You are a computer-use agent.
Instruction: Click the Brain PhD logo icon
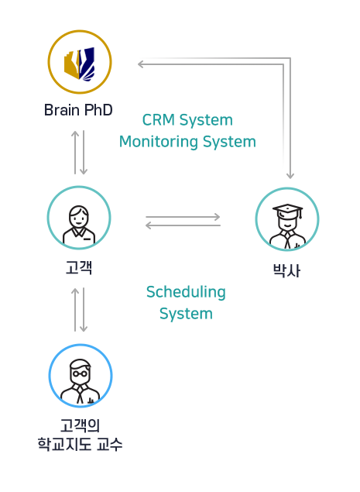point(80,62)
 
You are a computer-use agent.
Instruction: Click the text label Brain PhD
point(78,110)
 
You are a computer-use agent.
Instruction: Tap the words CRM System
point(187,120)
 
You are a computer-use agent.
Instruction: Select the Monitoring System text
point(187,142)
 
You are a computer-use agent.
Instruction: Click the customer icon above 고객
point(79,218)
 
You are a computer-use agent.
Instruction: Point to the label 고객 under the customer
point(79,267)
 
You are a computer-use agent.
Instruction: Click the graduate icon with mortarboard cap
point(287,219)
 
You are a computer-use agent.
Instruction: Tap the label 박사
point(286,270)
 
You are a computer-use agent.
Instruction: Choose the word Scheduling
point(186,292)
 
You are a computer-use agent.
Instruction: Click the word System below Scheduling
point(186,314)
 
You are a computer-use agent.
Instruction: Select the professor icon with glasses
point(81,376)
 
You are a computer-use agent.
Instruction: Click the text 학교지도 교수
point(80,444)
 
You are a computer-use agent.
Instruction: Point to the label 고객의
point(80,425)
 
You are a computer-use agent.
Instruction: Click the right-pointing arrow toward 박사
point(183,217)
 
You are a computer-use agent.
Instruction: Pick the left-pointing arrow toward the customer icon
point(183,225)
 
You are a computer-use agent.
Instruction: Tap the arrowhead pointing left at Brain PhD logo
point(140,64)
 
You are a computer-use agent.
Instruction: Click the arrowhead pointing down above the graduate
point(290,176)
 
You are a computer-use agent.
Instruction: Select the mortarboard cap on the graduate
point(288,210)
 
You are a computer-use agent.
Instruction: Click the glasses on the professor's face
point(80,373)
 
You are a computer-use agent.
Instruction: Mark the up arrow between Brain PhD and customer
point(75,152)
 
